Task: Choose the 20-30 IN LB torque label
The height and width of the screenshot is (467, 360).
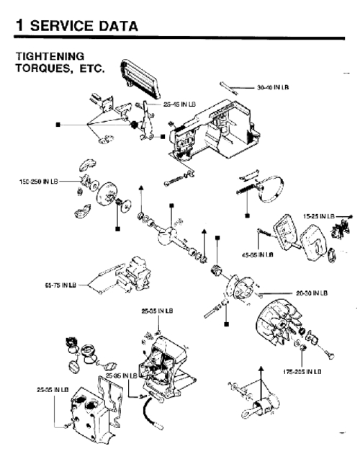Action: click(312, 293)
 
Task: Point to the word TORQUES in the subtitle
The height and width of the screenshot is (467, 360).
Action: click(36, 68)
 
